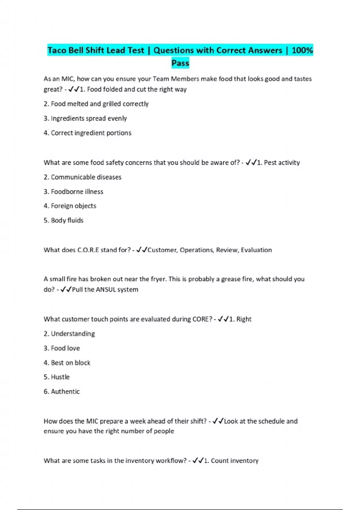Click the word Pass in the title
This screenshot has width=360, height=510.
click(180, 63)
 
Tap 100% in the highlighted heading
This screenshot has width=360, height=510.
click(302, 50)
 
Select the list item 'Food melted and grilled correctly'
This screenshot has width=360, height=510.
click(100, 104)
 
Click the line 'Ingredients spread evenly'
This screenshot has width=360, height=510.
click(89, 118)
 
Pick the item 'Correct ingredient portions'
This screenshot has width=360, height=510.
click(91, 133)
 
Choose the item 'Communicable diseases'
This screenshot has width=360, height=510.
click(86, 177)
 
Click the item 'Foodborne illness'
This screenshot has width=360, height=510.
click(77, 192)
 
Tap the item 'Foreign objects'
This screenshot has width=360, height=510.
click(73, 206)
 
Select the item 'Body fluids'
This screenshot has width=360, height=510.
click(67, 220)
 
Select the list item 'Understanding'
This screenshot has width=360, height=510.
click(73, 334)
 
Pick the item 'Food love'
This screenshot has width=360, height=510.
click(65, 348)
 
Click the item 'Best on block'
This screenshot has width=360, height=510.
click(70, 363)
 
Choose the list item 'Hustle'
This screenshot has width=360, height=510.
click(60, 377)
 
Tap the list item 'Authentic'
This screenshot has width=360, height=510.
click(65, 391)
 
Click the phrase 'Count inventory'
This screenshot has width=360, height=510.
click(234, 460)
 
